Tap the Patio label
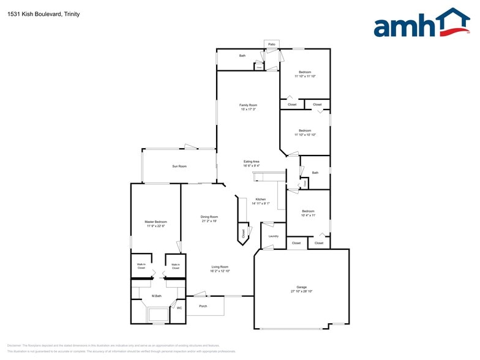tap(272, 45)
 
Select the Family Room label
tap(248, 105)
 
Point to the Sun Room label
tap(179, 166)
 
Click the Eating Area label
tap(252, 162)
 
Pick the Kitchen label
tap(261, 200)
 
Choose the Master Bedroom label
tap(156, 222)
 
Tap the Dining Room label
tap(209, 217)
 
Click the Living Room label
tap(220, 267)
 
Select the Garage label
tap(301, 287)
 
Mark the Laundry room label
tap(273, 236)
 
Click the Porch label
tap(203, 306)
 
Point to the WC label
tap(179, 308)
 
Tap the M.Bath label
tap(157, 296)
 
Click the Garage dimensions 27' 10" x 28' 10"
tap(301, 291)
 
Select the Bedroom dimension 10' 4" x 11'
tap(308, 216)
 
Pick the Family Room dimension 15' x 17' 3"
tap(248, 110)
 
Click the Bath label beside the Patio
tap(242, 56)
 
